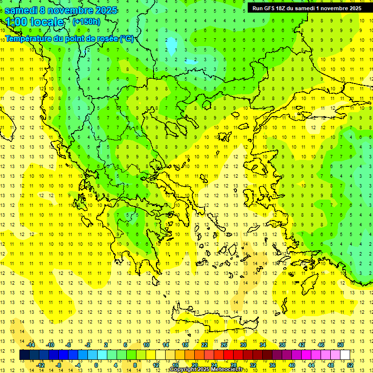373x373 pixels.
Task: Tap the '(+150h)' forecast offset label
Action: (86, 21)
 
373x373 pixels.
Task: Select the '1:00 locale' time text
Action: (34, 22)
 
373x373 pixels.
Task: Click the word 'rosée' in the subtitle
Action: (106, 39)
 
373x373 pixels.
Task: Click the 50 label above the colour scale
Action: (340, 345)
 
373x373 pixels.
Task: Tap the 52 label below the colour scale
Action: (350, 365)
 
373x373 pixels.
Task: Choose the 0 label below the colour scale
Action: (96, 365)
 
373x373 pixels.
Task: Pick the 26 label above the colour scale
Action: (224, 345)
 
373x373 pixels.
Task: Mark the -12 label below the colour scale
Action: (40, 365)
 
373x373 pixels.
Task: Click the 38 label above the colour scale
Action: (282, 345)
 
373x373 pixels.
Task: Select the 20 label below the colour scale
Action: (195, 365)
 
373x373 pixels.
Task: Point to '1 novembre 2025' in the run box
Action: (338, 8)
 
